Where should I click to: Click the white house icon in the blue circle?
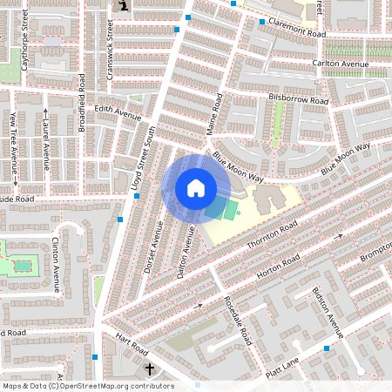pyautogui.click(x=195, y=187)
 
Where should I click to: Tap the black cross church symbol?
pyautogui.click(x=149, y=369)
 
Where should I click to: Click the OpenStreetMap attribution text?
pyautogui.click(x=88, y=386)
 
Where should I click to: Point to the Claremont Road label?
pyautogui.click(x=297, y=29)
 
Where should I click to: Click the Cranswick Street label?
pyautogui.click(x=110, y=52)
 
